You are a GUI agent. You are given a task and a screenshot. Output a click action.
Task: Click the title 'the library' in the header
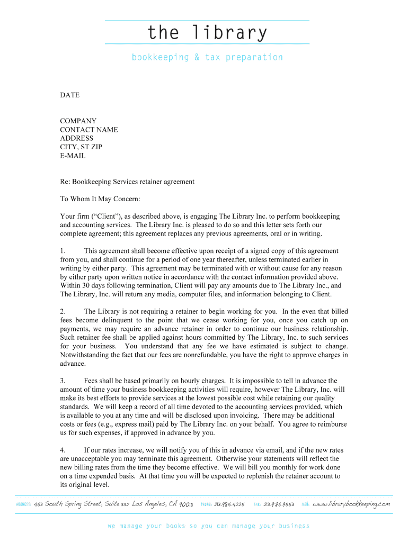(x=207, y=33)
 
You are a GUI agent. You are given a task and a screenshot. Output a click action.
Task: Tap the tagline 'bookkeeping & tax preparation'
(x=207, y=57)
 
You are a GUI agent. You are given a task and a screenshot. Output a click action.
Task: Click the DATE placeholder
(x=69, y=95)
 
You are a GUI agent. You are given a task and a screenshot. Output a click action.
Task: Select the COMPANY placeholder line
(x=78, y=121)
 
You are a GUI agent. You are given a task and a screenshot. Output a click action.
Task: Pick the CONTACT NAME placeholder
(x=89, y=130)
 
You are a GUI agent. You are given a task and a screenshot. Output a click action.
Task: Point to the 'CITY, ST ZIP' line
(x=81, y=147)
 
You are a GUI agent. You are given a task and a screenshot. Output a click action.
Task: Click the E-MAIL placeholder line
(x=73, y=156)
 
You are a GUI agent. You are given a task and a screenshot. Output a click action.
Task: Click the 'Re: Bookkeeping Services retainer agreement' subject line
(x=127, y=182)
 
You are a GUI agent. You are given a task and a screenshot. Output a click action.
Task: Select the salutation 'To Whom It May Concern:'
(x=100, y=199)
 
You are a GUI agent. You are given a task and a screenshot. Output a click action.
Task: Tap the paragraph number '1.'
(x=63, y=251)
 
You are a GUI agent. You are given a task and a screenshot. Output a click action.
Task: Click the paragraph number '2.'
(x=63, y=312)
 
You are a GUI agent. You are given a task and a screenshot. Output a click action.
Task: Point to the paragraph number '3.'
(x=63, y=381)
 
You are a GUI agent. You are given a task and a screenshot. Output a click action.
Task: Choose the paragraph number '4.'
(x=63, y=450)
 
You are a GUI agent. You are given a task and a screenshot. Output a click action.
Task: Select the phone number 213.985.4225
(x=229, y=504)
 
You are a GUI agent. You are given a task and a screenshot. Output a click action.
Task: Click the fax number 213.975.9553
(x=279, y=504)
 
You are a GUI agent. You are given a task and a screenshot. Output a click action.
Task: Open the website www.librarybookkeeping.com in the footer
(x=351, y=504)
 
